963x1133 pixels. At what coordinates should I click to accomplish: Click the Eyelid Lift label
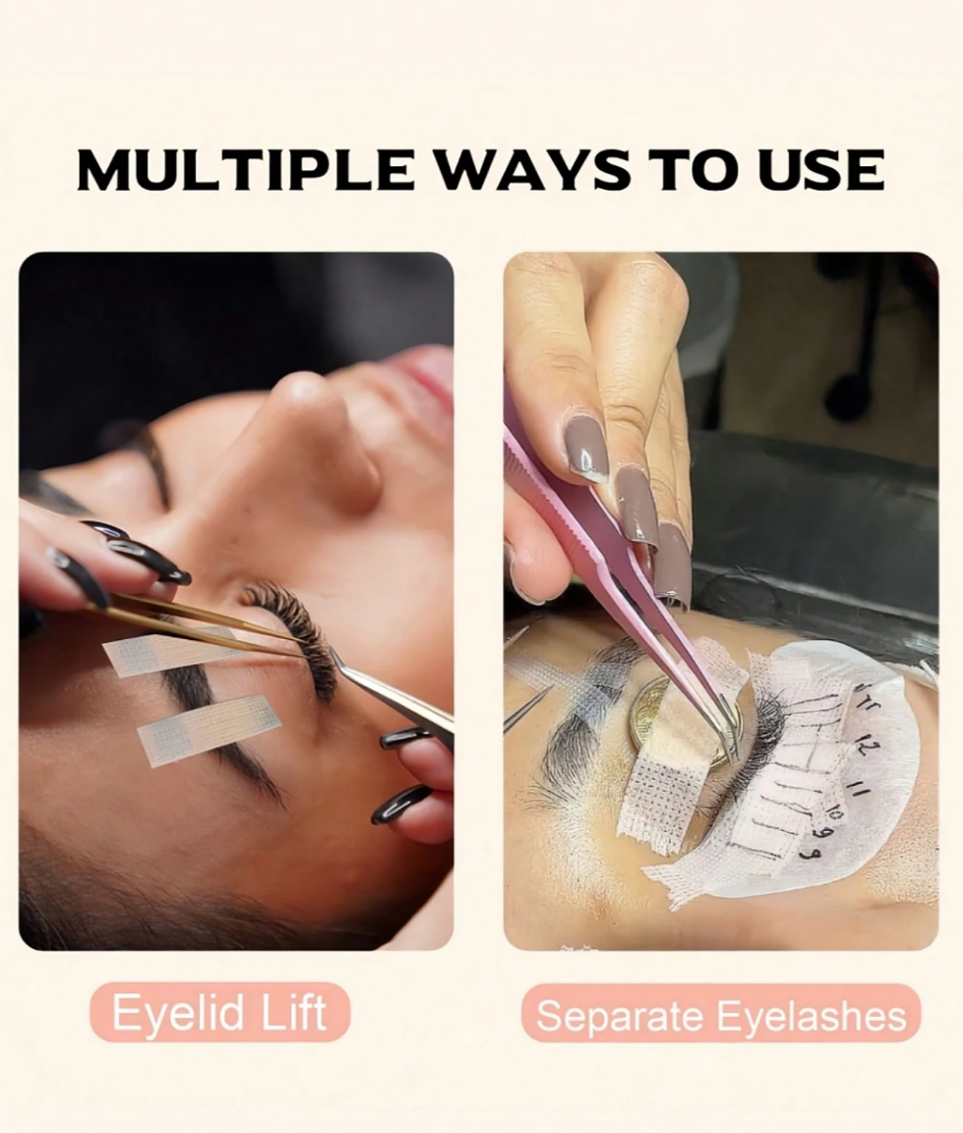coord(219,1012)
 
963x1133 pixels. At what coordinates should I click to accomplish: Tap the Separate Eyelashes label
coord(721,1015)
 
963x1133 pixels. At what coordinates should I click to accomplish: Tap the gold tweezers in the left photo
coord(195,623)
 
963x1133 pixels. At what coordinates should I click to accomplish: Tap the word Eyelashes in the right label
coord(813,1016)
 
